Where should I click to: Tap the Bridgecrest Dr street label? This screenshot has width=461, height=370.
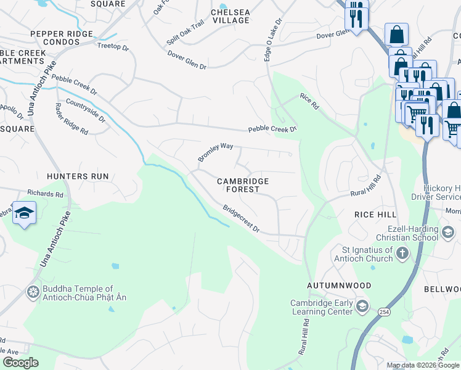241,219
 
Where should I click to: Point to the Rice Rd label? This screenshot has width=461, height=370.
309,101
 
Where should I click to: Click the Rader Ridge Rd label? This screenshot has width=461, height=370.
71,118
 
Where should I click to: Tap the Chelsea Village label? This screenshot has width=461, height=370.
230,16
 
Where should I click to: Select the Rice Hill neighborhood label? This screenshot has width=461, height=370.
375,213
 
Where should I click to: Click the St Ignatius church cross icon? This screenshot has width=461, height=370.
402,253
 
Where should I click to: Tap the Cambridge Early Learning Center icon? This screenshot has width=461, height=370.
364,306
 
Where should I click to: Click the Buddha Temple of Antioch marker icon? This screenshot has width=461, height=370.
33,291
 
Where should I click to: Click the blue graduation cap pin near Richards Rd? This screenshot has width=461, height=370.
24,213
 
